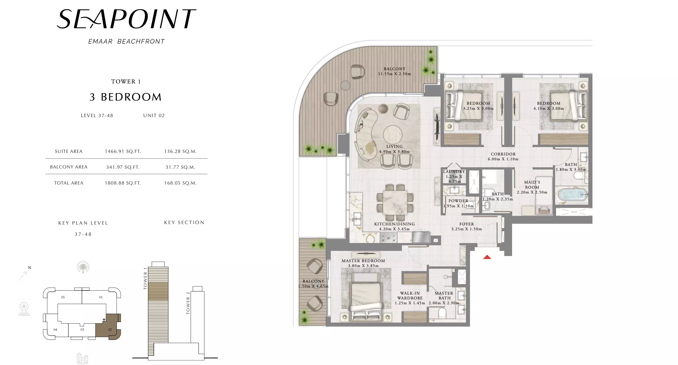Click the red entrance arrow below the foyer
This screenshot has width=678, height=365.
(487, 257)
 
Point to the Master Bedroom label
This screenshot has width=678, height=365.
(363, 263)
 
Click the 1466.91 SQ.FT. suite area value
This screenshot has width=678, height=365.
(123, 151)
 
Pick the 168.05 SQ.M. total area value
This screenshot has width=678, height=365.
(180, 183)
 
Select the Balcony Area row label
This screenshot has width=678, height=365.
(69, 167)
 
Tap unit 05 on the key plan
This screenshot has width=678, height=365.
(63, 297)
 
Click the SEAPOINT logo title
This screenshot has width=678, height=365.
(126, 19)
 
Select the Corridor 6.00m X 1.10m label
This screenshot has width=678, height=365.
(503, 156)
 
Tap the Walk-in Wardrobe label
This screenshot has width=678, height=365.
(410, 298)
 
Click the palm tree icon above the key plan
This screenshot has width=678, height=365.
(83, 267)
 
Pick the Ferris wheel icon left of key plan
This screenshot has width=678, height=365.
(24, 309)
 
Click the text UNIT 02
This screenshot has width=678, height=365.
(154, 116)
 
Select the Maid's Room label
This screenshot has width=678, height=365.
(532, 187)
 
